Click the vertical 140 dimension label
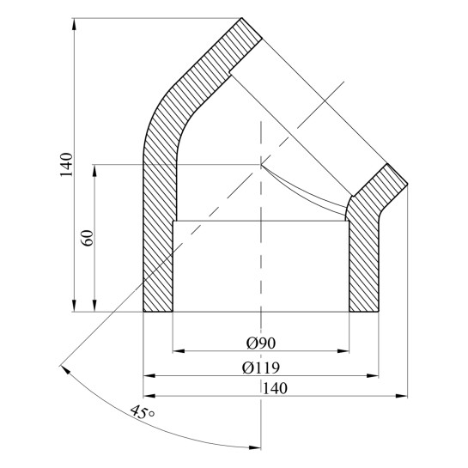click(x=66, y=165)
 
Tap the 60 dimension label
click(x=88, y=238)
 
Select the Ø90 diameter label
click(x=261, y=343)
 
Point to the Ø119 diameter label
click(x=261, y=368)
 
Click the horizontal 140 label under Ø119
click(x=275, y=388)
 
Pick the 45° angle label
click(x=143, y=412)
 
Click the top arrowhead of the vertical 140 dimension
click(x=74, y=24)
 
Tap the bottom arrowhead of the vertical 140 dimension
click(x=74, y=306)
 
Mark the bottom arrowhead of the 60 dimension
click(x=94, y=306)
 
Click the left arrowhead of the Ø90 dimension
click(x=179, y=351)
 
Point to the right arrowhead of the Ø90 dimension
click(x=343, y=351)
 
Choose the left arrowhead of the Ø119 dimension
click(x=149, y=375)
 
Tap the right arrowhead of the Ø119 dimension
click(x=373, y=375)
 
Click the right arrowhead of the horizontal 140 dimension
click(x=401, y=396)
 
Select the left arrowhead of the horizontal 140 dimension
click(x=149, y=396)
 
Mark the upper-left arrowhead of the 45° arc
click(x=65, y=369)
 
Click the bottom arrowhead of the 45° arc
click(x=255, y=447)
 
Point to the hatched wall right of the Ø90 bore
click(x=364, y=265)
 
